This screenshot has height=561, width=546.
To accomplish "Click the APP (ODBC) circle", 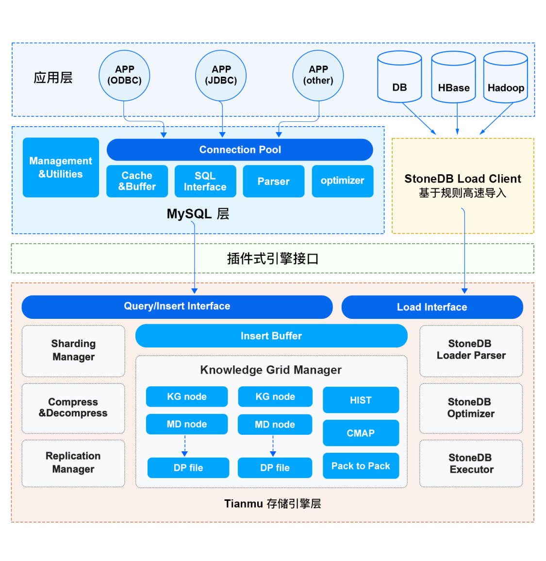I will coord(124,75).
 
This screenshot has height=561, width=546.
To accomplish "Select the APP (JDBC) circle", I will coord(221,75).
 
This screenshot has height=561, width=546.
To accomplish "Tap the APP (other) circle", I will coord(318,75).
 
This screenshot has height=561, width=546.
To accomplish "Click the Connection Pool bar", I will coord(240,149).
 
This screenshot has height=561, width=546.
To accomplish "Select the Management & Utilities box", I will coord(61,167).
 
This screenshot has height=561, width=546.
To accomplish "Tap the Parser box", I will coord(273,181).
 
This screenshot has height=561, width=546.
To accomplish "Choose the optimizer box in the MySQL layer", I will coord(342,181).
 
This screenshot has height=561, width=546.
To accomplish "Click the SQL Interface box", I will coord(205,181).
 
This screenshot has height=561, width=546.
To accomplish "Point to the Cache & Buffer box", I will coord(137,181).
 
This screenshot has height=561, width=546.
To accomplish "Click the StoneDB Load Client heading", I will coord(463,179).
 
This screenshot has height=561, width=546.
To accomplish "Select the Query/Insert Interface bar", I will coord(177,306).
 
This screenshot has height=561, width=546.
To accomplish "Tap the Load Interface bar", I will coord(432,307).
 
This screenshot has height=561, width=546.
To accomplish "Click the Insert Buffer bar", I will coord(271,336).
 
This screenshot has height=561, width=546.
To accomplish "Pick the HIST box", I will coord(361,400).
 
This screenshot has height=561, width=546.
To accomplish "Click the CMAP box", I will coord(361,433).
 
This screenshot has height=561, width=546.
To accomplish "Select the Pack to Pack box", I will coord(361,466).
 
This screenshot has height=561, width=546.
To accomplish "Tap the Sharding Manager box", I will coord(73,350).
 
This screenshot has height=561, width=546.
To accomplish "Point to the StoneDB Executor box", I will coord(471,463).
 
